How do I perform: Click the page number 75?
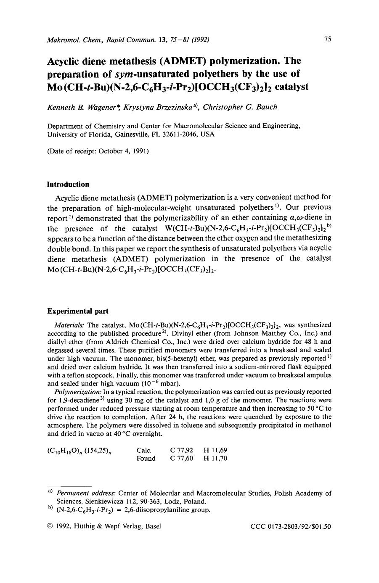coord(328,39)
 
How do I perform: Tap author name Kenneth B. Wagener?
coord(83,107)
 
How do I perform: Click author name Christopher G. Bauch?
coord(240,107)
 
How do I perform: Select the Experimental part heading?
coord(77,311)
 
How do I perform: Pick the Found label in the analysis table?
coord(146,459)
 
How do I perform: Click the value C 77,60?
coord(181,459)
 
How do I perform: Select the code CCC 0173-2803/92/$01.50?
coord(291,526)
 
